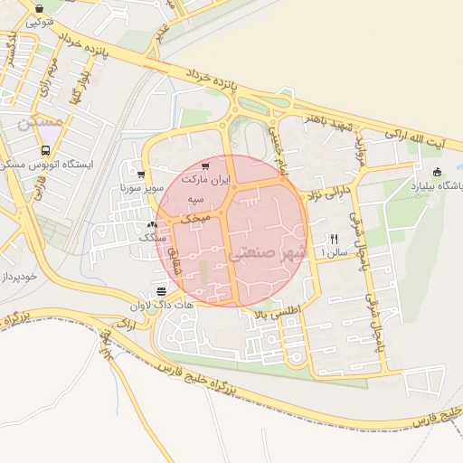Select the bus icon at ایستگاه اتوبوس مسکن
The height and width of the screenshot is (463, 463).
(x=46, y=151)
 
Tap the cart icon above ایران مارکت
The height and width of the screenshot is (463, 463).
(x=205, y=166)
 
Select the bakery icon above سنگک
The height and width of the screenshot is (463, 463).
(x=152, y=223)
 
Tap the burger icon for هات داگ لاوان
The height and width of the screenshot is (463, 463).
(x=161, y=291)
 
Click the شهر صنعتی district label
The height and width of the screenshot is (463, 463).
(x=270, y=252)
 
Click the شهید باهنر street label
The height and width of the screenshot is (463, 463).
(x=324, y=118)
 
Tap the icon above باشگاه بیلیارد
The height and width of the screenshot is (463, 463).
(x=438, y=172)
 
